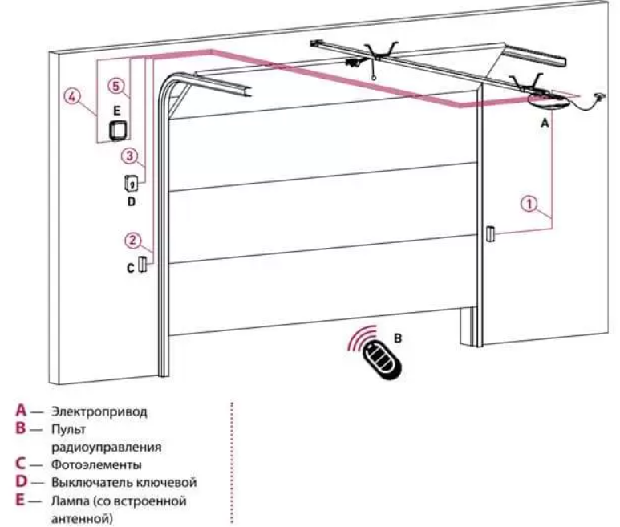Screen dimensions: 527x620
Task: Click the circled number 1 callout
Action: click(x=529, y=204)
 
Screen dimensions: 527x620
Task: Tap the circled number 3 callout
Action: click(x=132, y=154)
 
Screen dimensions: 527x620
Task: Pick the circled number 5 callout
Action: click(x=118, y=84)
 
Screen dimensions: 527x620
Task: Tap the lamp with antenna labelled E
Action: click(x=119, y=128)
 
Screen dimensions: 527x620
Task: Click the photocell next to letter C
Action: click(x=142, y=265)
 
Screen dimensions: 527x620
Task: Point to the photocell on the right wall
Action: click(x=488, y=234)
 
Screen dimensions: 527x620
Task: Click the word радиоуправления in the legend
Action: click(x=101, y=447)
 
